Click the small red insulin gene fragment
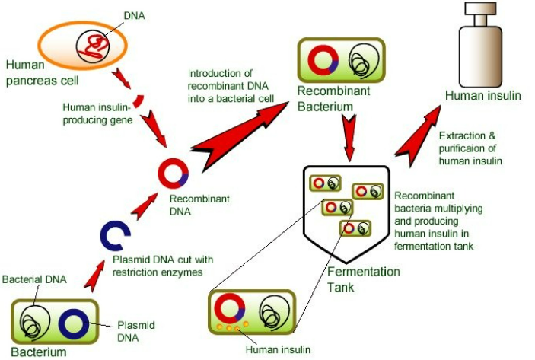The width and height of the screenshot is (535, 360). pos(139,100)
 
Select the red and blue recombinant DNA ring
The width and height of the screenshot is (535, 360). pos(173,172)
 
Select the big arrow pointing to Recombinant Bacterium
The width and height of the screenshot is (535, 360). pos(237,129)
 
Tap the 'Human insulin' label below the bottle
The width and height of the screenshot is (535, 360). pos(482,96)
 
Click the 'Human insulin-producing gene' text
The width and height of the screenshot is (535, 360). pos(99,113)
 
